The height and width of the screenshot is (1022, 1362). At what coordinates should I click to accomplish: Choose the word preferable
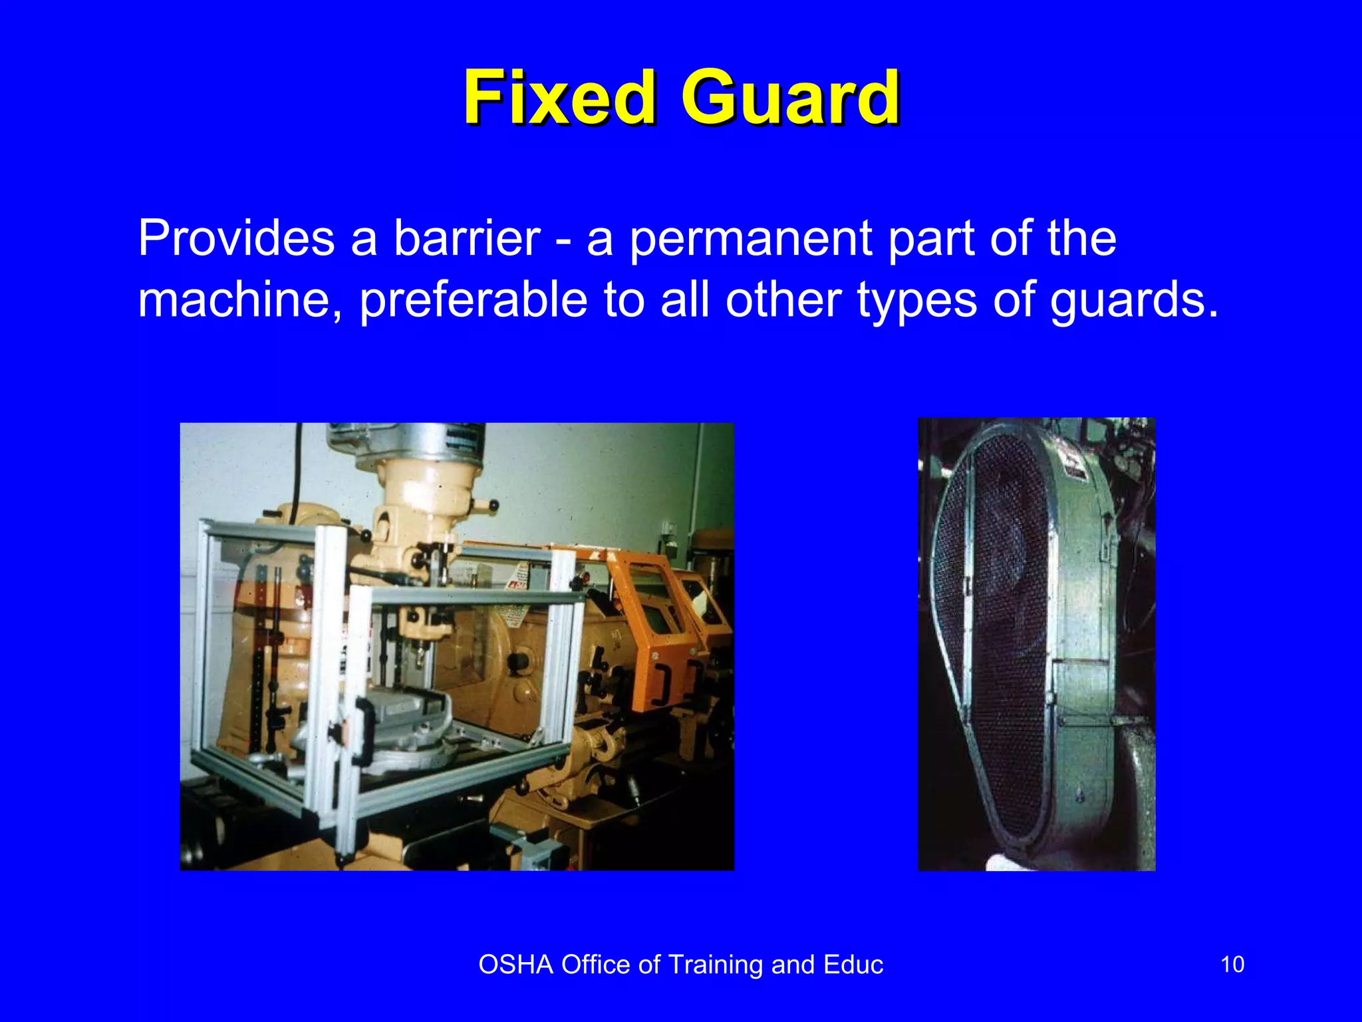(x=474, y=301)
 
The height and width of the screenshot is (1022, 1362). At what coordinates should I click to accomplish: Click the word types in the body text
(x=917, y=301)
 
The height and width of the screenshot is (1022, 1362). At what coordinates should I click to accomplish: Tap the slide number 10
(x=1232, y=965)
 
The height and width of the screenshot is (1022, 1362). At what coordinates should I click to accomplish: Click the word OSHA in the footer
(x=516, y=965)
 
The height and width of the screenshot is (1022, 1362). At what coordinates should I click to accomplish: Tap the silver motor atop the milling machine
(x=406, y=440)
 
